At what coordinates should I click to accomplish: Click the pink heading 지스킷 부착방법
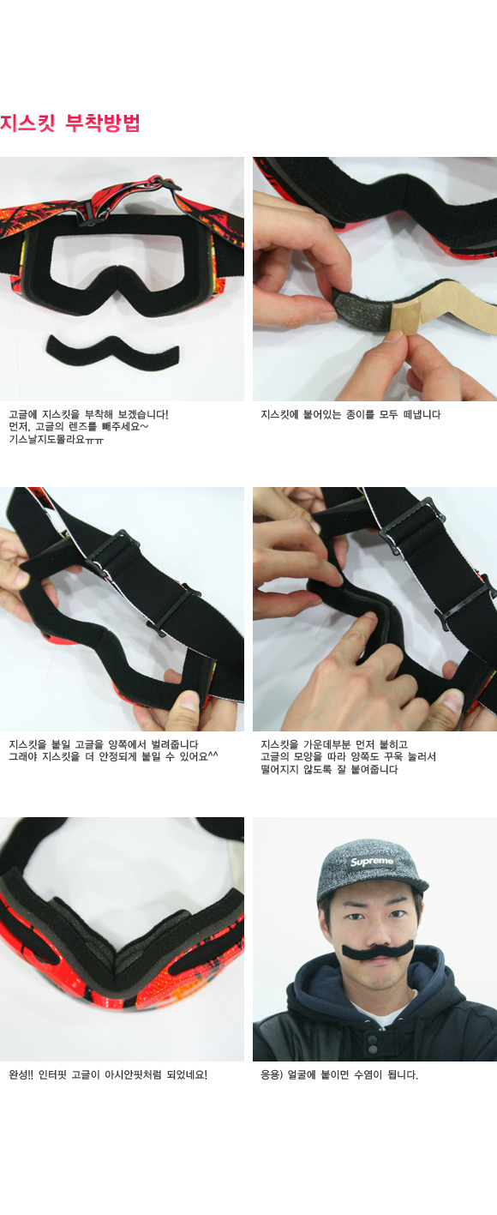pos(70,123)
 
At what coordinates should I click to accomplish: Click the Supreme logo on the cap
pos(371,862)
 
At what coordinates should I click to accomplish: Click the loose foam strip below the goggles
pos(112,352)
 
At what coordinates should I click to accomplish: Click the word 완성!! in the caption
pos(21,1074)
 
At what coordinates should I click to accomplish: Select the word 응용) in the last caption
pos(272,1074)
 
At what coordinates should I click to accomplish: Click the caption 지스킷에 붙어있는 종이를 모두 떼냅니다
pos(350,414)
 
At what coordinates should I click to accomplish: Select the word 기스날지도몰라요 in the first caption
pos(46,439)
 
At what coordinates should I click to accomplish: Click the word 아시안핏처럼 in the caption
pos(134,1074)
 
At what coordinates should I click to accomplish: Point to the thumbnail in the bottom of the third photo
pos(189,701)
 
